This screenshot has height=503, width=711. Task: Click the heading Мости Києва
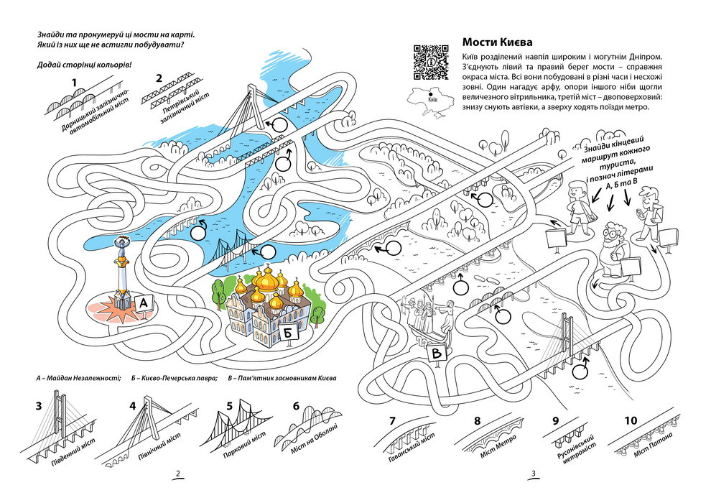point(501,42)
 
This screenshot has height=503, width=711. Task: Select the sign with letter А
point(144,303)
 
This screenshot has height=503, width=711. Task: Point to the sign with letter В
point(437,354)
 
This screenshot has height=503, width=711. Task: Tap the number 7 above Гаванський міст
point(392,421)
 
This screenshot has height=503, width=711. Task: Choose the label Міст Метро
point(492,448)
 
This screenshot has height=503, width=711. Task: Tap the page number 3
point(533,474)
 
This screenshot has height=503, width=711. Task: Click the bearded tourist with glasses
point(615,248)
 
